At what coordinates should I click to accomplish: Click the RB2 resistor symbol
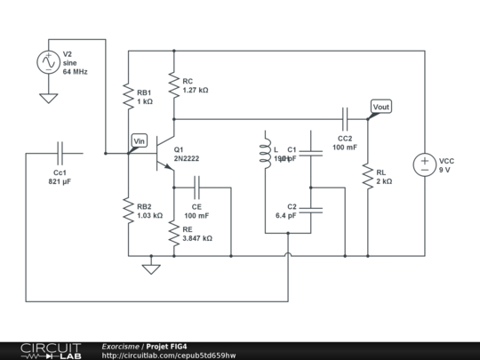(130, 210)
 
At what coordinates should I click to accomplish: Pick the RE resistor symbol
(173, 234)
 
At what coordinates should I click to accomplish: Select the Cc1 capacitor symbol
(60, 153)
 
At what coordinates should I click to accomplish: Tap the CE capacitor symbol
(197, 188)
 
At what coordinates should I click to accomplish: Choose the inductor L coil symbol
(265, 153)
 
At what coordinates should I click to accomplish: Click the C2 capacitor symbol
(310, 210)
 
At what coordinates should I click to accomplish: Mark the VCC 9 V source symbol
(424, 164)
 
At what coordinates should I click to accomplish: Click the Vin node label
(140, 140)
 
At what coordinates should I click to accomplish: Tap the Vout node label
(380, 108)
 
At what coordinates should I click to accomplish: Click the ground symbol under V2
(47, 98)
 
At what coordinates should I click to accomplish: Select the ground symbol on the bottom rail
(152, 268)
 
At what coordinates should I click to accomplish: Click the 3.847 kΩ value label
(196, 238)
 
